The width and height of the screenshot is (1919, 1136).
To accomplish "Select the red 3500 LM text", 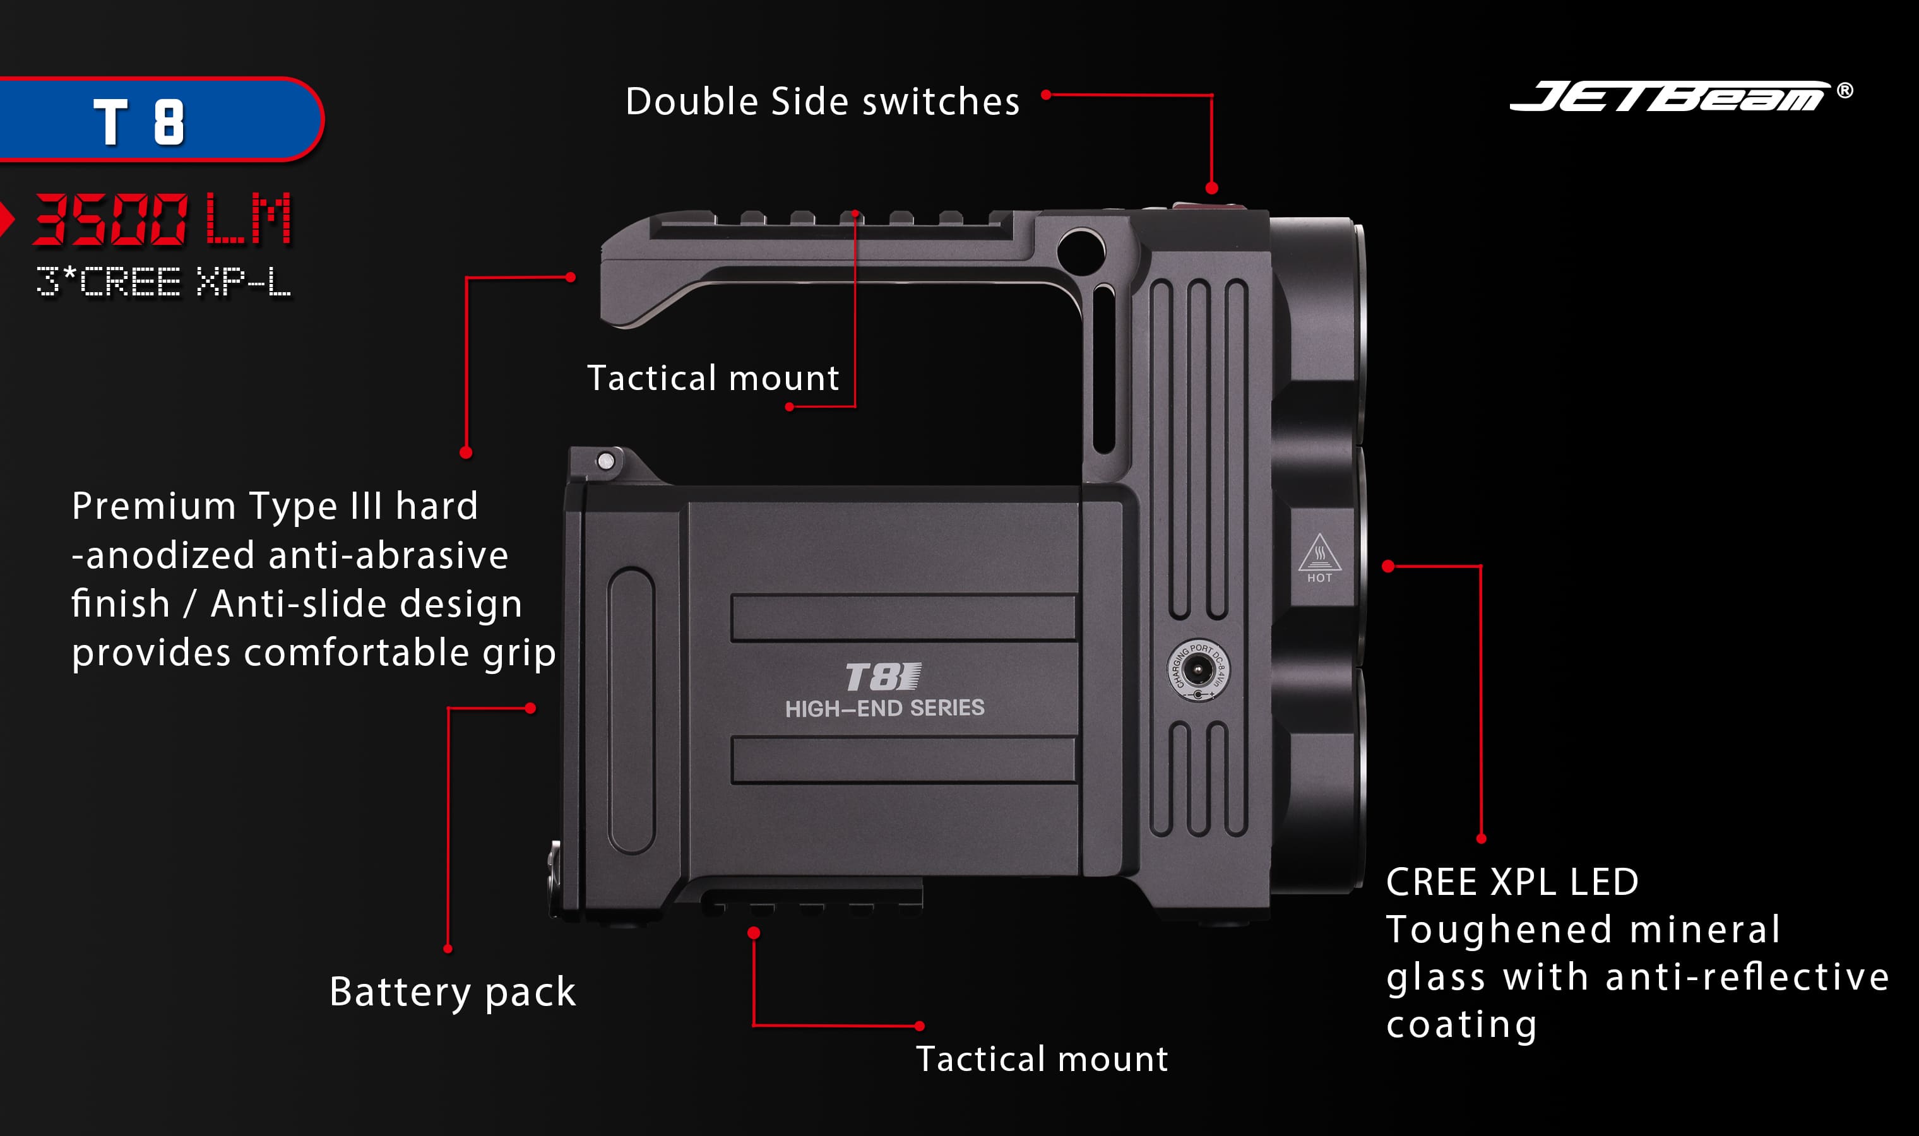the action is pyautogui.click(x=162, y=219).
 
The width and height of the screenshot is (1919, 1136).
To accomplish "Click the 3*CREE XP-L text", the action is pyautogui.click(x=163, y=281).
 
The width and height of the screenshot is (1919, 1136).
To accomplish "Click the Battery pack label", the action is pyautogui.click(x=453, y=993).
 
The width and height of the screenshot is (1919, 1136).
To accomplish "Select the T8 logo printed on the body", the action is pyautogui.click(x=882, y=677).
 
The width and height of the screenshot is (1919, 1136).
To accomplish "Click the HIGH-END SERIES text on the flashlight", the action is pyautogui.click(x=885, y=708).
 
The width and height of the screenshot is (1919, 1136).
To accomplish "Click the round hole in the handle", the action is pyautogui.click(x=1080, y=251).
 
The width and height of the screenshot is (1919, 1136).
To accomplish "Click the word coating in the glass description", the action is pyautogui.click(x=1461, y=1025).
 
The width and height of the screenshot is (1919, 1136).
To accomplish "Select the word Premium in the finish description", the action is pyautogui.click(x=154, y=506).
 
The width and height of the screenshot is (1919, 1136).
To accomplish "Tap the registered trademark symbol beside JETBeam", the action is pyautogui.click(x=1845, y=90).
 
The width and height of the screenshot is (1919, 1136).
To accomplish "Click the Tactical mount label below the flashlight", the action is pyautogui.click(x=1042, y=1060).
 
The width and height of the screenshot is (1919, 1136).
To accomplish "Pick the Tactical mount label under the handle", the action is pyautogui.click(x=713, y=378).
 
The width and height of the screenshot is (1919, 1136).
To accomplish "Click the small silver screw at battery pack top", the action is pyautogui.click(x=605, y=461).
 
